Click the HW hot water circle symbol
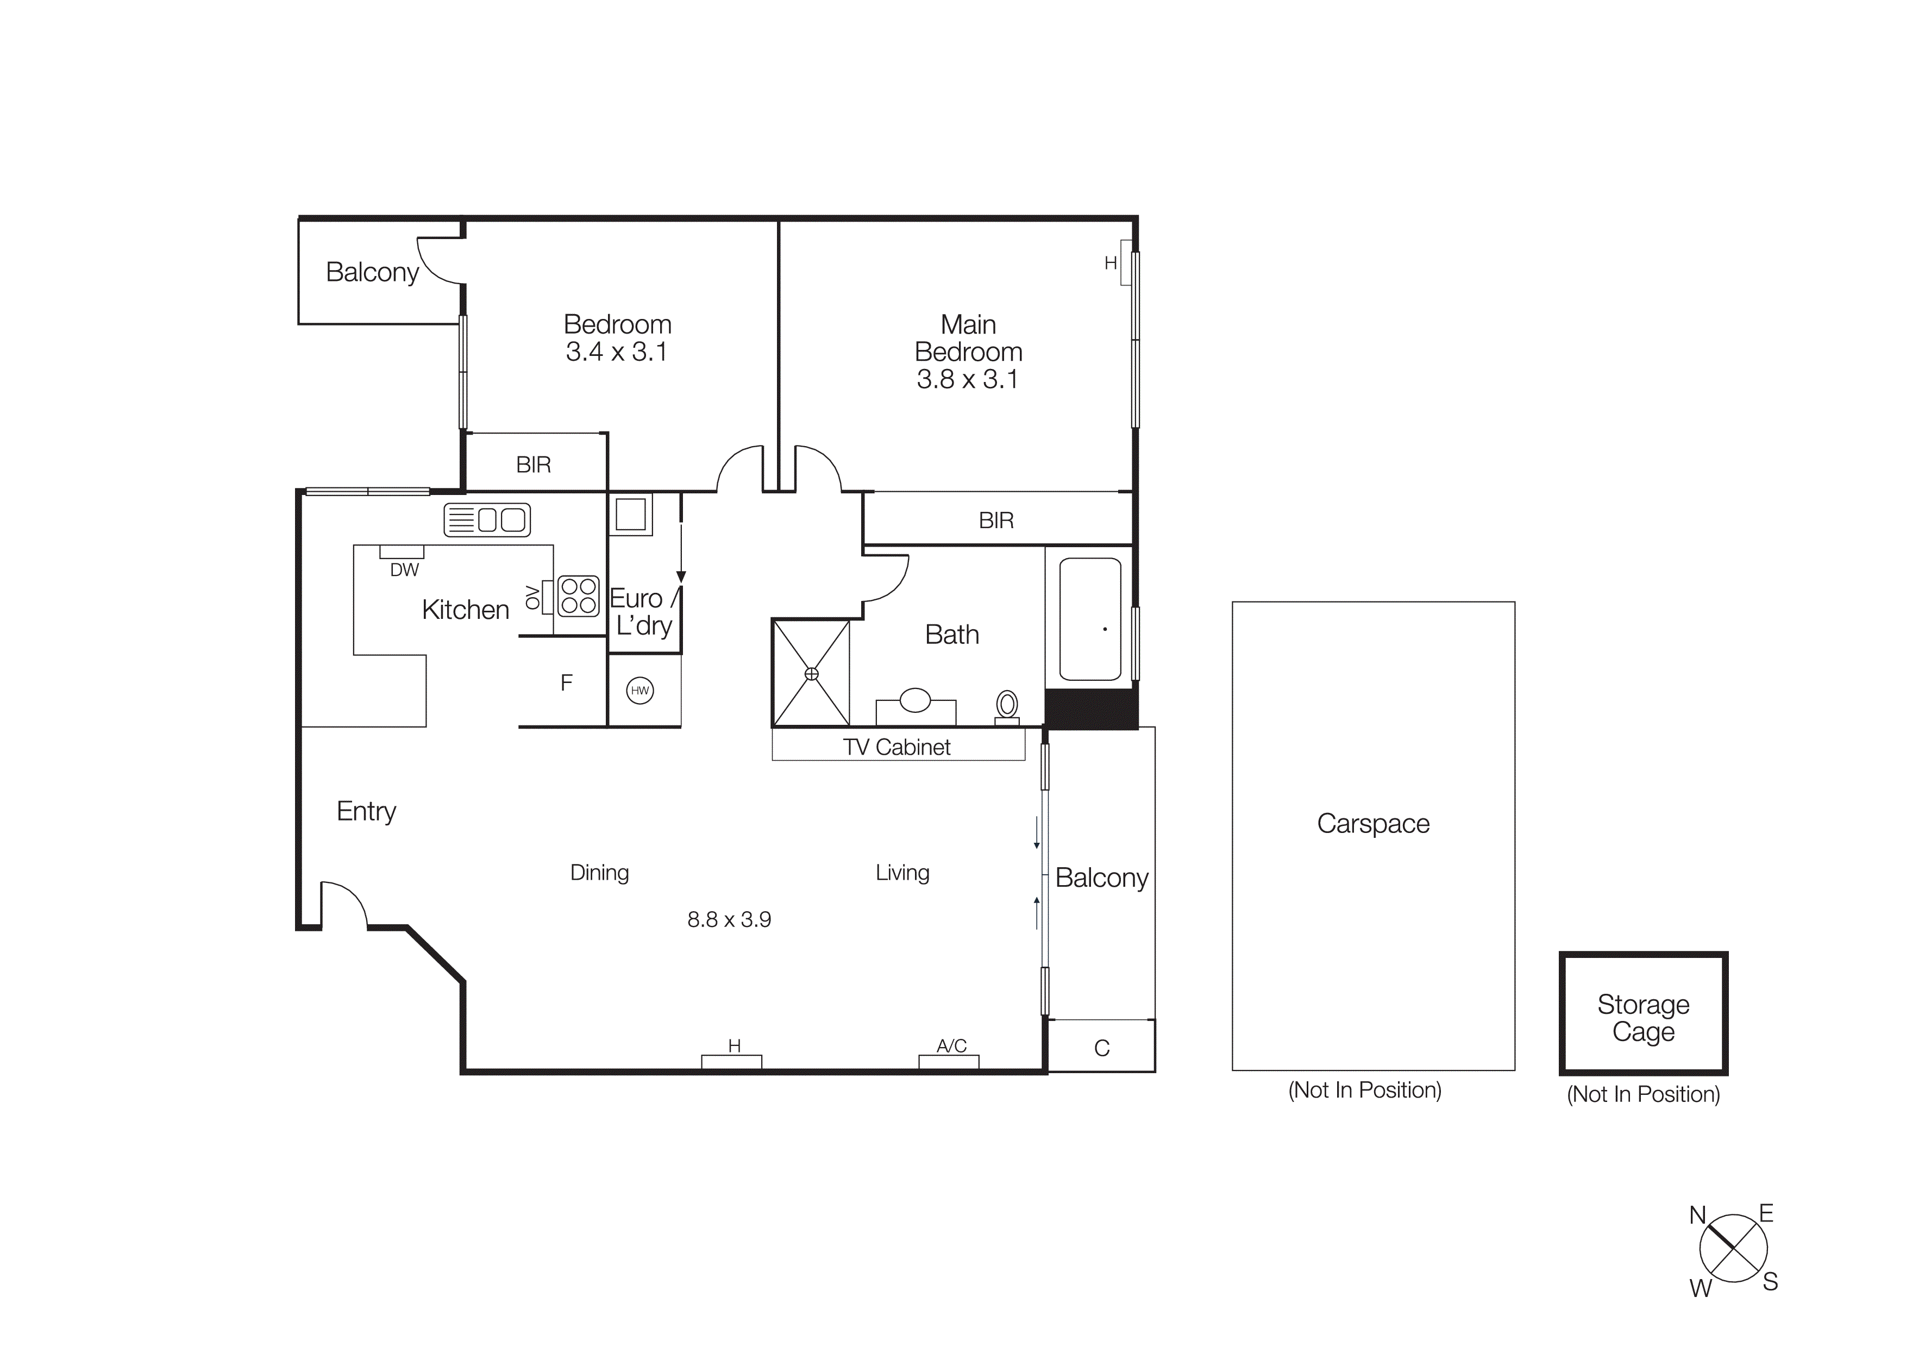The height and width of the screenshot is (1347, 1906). tap(639, 691)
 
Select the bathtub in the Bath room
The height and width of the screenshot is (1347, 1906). tap(1090, 619)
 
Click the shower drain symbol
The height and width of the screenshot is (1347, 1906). tap(811, 674)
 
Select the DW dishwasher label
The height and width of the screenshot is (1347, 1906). tap(404, 570)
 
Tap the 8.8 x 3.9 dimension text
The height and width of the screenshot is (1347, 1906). tap(729, 919)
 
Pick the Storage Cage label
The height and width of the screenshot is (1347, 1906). tap(1643, 1018)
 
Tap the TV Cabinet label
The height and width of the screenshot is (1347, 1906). tap(896, 747)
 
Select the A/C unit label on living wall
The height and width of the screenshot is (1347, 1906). tap(951, 1046)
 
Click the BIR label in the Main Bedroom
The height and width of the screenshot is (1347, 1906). tap(996, 521)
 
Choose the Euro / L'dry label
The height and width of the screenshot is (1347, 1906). tap(643, 612)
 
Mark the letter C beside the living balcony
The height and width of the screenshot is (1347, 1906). tap(1101, 1048)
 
